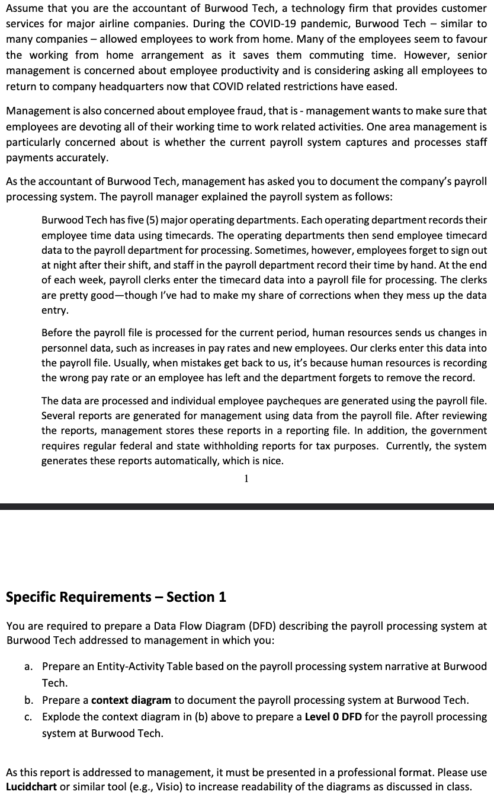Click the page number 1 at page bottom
click(246, 478)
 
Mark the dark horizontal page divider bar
click(247, 507)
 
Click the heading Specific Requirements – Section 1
click(116, 596)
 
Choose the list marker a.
click(28, 666)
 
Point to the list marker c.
click(28, 717)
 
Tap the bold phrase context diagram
click(131, 700)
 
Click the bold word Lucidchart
click(31, 787)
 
